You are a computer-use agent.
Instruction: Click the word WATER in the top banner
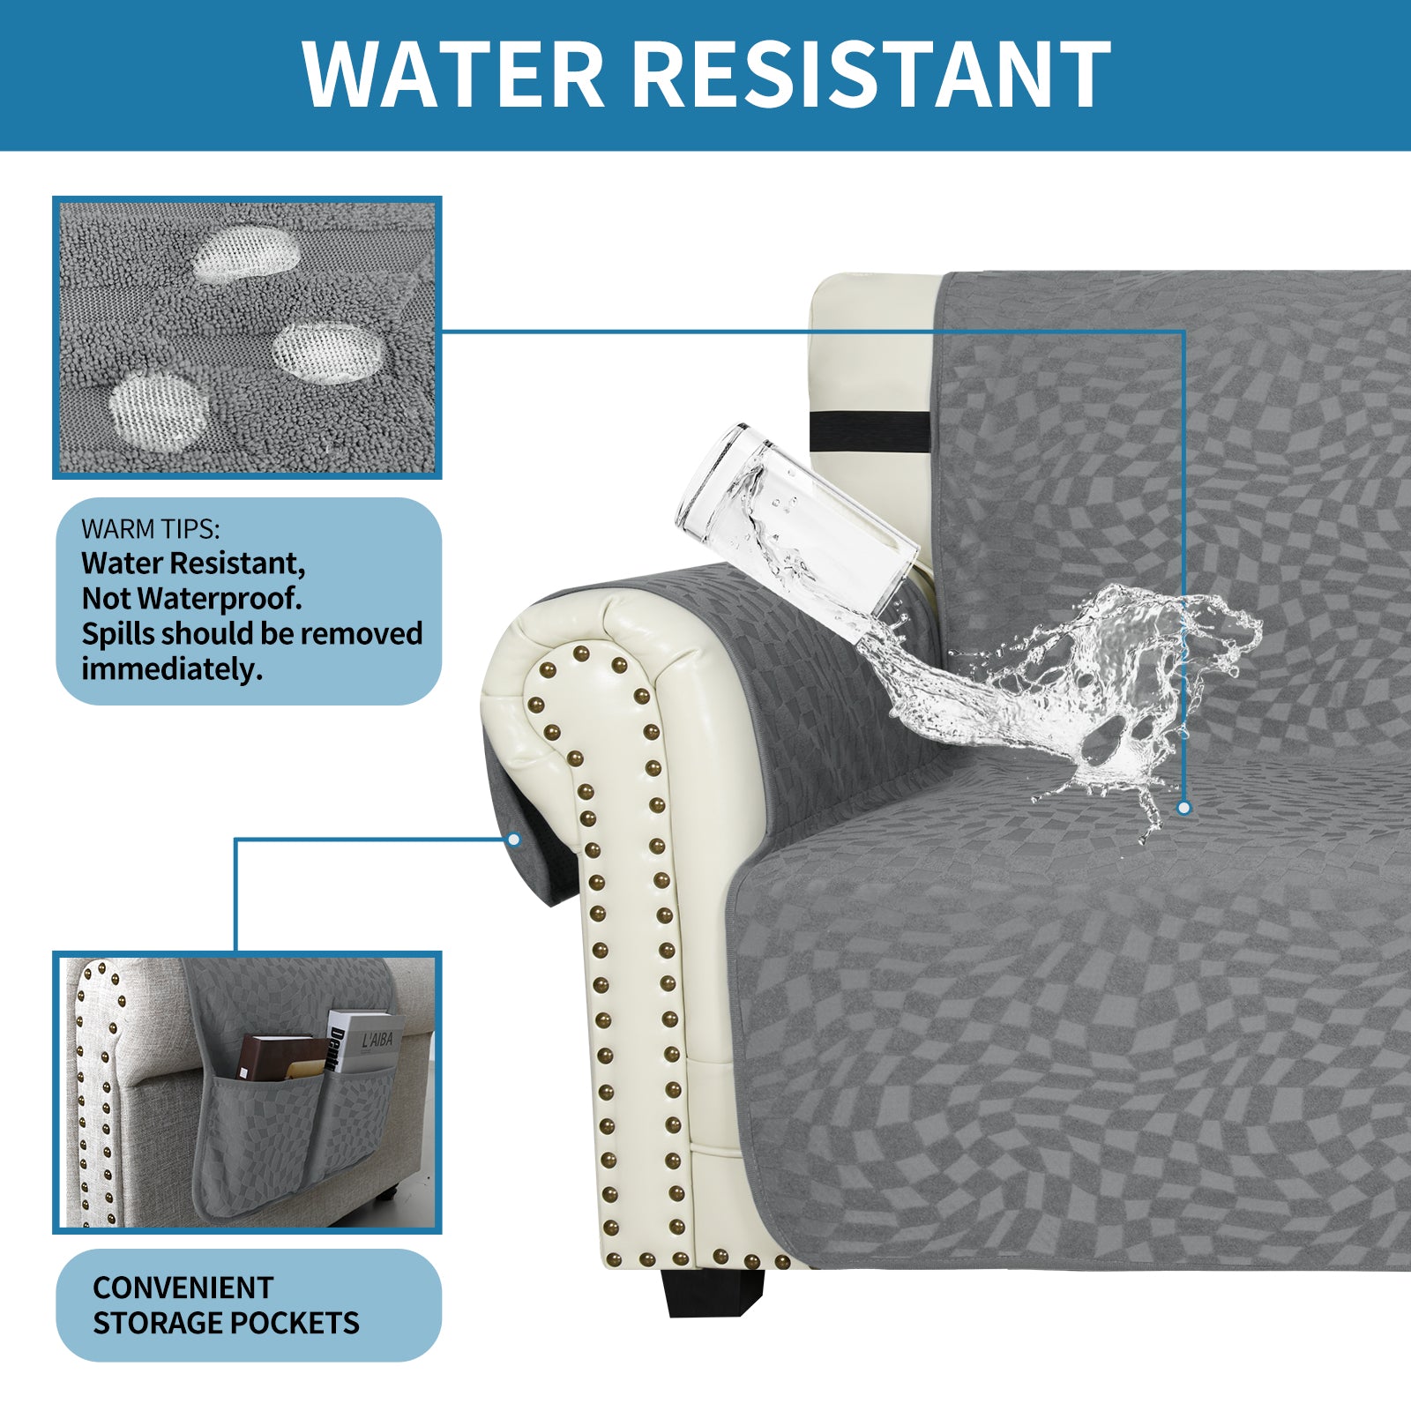click(452, 74)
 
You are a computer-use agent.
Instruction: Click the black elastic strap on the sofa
click(870, 429)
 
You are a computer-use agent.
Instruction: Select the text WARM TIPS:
click(151, 529)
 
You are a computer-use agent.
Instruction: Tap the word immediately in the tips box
click(172, 669)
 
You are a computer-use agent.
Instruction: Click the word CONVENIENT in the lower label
click(183, 1288)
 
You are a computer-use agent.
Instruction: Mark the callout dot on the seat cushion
click(1183, 808)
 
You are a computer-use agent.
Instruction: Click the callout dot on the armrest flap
click(514, 840)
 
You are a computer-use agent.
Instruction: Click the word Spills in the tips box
click(118, 634)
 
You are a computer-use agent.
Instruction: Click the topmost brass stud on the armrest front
click(580, 653)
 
